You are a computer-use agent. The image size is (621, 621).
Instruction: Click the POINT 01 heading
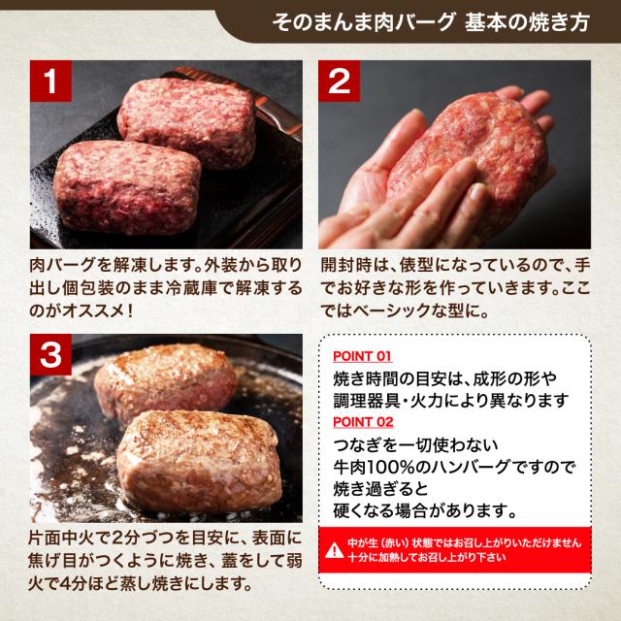pos(362,356)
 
